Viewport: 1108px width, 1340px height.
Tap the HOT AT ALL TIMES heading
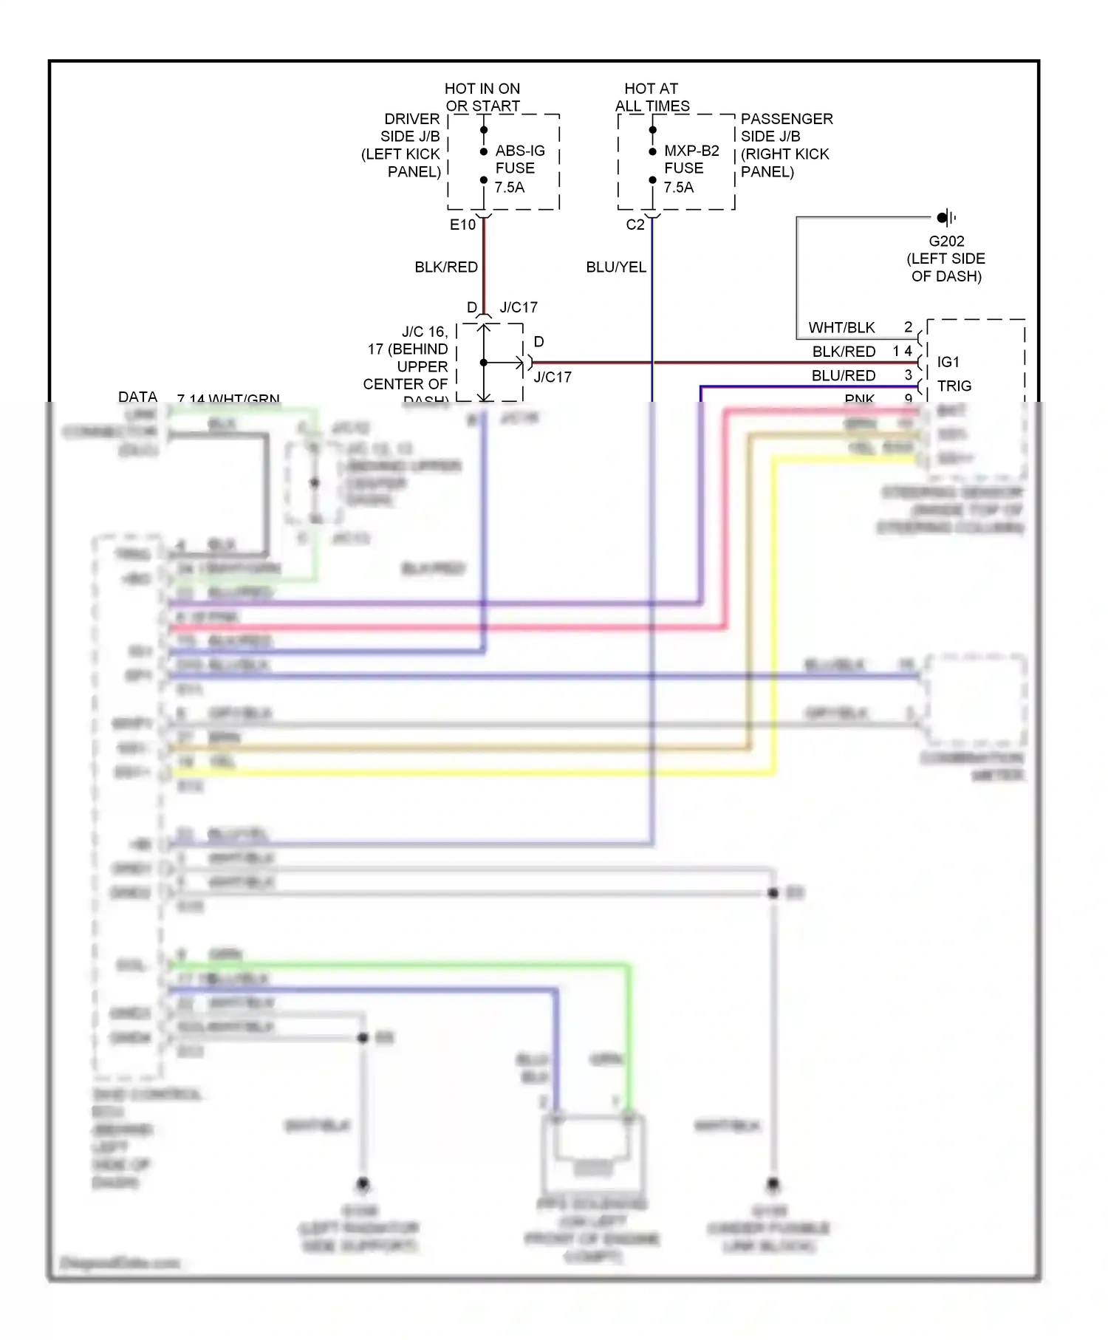pyautogui.click(x=652, y=98)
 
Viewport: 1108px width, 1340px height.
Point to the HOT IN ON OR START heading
pyautogui.click(x=482, y=98)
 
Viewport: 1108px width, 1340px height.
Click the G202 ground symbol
pyautogui.click(x=945, y=217)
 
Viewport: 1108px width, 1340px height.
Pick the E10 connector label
pyautogui.click(x=462, y=225)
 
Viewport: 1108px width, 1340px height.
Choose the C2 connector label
pyautogui.click(x=635, y=225)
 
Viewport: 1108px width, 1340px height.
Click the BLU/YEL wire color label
pyautogui.click(x=615, y=267)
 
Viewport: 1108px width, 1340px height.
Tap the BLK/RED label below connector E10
pyautogui.click(x=445, y=267)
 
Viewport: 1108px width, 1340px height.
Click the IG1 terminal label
pyautogui.click(x=948, y=362)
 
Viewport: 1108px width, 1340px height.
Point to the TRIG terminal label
pyautogui.click(x=954, y=386)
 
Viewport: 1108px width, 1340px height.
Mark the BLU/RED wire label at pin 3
pyautogui.click(x=843, y=375)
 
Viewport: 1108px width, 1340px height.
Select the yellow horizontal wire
pyautogui.click(x=473, y=773)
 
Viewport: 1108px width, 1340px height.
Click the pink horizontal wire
pyautogui.click(x=443, y=628)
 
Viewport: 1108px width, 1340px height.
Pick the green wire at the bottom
pyautogui.click(x=399, y=964)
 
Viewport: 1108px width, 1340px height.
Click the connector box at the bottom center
pyautogui.click(x=592, y=1149)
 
